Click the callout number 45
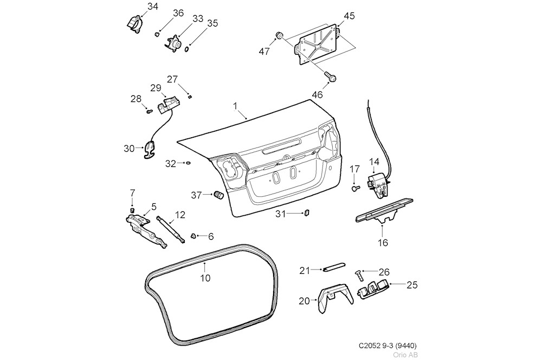pyautogui.click(x=349, y=16)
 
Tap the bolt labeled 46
pyautogui.click(x=330, y=77)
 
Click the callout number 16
pyautogui.click(x=383, y=243)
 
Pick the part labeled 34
pyautogui.click(x=133, y=23)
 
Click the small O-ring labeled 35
pyautogui.click(x=188, y=49)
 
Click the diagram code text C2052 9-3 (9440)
pyautogui.click(x=388, y=345)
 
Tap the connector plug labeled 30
pyautogui.click(x=150, y=149)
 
